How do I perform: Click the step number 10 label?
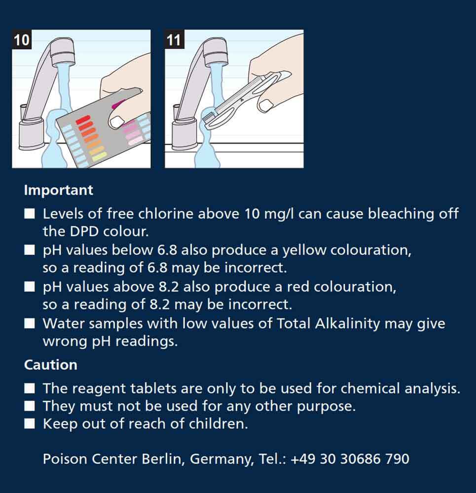[x=22, y=39]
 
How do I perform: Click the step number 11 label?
[x=174, y=39]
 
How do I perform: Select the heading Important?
[x=59, y=190]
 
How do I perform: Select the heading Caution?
[x=51, y=365]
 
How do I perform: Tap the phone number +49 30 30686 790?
[x=350, y=458]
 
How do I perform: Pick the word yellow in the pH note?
[x=304, y=250]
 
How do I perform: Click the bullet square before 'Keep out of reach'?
[x=30, y=424]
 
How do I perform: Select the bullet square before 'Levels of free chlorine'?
[x=30, y=214]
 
